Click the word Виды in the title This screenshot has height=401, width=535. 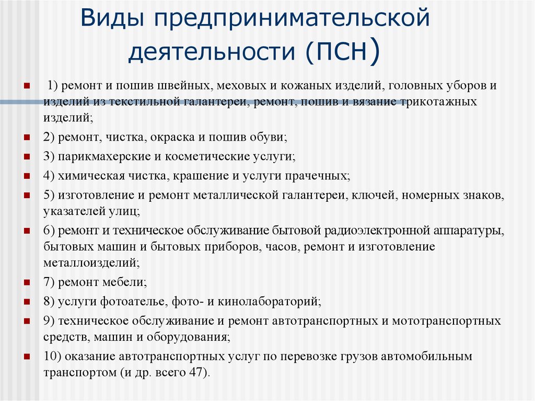pyautogui.click(x=112, y=18)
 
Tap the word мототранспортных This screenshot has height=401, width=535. pyautogui.click(x=446, y=320)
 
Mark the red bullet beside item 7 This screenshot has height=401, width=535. pyautogui.click(x=27, y=282)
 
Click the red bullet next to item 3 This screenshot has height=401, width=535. pyautogui.click(x=27, y=157)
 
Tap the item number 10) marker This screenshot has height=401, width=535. pyautogui.click(x=52, y=356)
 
